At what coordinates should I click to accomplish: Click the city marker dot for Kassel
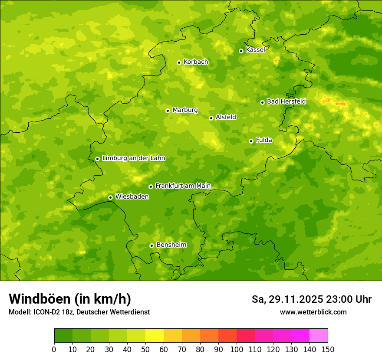point(241,51)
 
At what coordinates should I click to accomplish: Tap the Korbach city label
point(196,62)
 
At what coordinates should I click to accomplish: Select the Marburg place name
point(185,110)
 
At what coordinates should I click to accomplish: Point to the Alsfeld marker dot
point(211,118)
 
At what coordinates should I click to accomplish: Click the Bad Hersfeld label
point(286,101)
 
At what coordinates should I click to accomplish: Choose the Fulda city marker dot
point(251,141)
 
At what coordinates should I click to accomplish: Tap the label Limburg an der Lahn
point(133,158)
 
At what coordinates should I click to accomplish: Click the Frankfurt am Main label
point(183,186)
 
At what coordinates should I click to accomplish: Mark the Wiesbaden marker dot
point(110,197)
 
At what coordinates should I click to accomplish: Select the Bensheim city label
point(171,245)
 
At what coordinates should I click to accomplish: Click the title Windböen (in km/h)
point(69,299)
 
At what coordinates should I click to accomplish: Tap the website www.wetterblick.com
point(313,312)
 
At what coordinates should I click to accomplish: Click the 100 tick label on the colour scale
point(237,350)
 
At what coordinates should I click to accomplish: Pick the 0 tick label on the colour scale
point(54,350)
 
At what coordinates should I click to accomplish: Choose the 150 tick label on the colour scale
point(328,350)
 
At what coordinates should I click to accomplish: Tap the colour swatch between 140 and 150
point(319,336)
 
